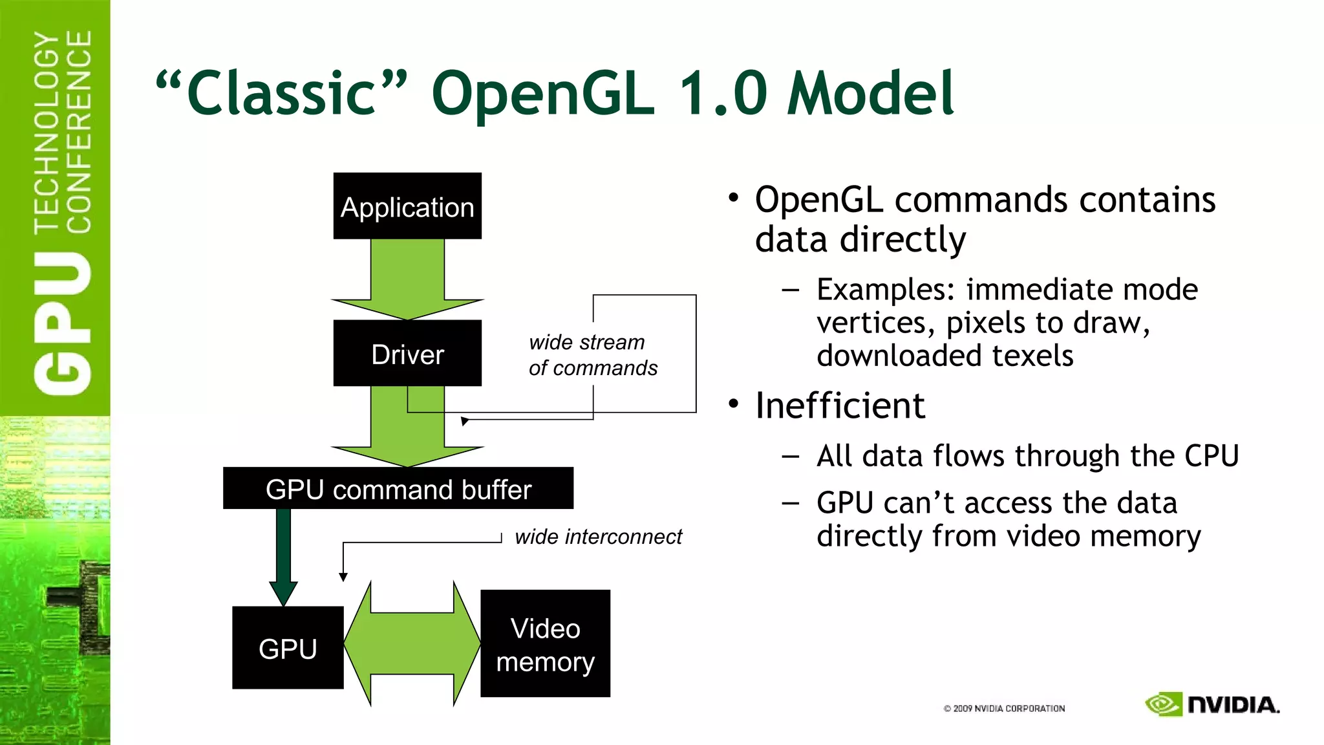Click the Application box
[407, 206]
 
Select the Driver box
[407, 354]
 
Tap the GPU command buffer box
[398, 488]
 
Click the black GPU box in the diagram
[288, 648]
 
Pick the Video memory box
[545, 644]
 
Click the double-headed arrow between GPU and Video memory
[412, 644]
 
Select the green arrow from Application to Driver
[407, 278]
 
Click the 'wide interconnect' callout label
[598, 537]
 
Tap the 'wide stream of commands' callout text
[592, 355]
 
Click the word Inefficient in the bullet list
[840, 406]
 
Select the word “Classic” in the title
[282, 94]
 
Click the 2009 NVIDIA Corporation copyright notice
[1004, 709]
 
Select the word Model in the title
[870, 94]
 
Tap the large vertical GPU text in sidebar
[63, 323]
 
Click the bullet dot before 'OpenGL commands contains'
[733, 197]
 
